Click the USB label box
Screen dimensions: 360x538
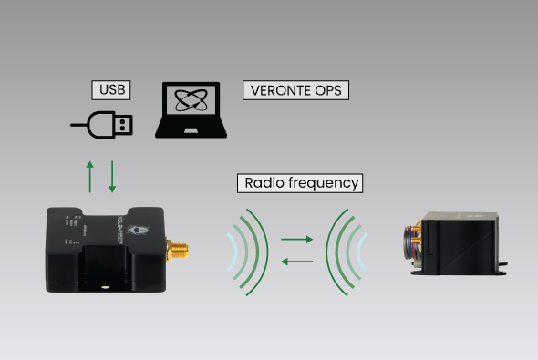[109, 90]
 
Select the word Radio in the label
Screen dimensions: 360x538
[264, 182]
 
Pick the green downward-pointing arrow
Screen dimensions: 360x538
[112, 175]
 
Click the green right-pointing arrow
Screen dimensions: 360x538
[296, 240]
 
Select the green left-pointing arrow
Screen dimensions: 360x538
[296, 262]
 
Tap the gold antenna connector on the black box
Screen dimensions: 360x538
[177, 247]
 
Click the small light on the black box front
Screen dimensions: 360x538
[107, 283]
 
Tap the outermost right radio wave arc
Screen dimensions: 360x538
[335, 251]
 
